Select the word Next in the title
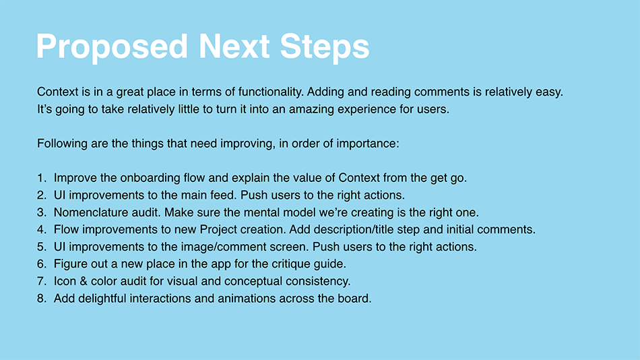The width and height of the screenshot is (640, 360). pyautogui.click(x=234, y=46)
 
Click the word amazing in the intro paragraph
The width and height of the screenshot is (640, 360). pyautogui.click(x=310, y=110)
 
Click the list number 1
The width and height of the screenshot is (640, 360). pyautogui.click(x=42, y=178)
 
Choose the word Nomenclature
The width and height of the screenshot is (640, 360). pyautogui.click(x=86, y=212)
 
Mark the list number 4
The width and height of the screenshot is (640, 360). pyautogui.click(x=42, y=230)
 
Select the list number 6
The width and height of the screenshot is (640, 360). pyautogui.click(x=42, y=264)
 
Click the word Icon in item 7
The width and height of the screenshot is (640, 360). pyautogui.click(x=65, y=282)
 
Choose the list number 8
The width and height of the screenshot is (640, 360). pyautogui.click(x=42, y=299)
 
